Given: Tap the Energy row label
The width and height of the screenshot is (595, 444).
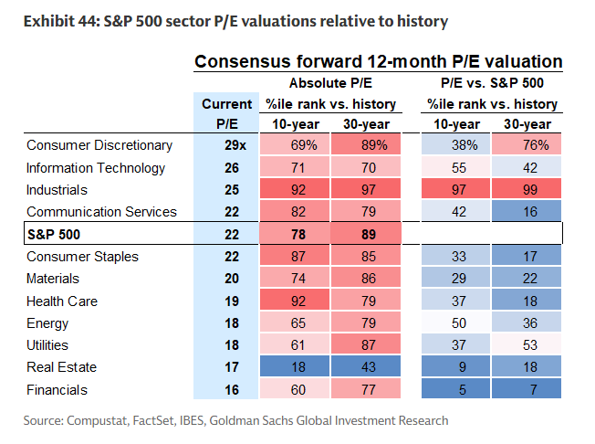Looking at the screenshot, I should [x=47, y=322].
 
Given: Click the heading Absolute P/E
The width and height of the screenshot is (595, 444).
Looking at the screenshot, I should [x=332, y=83].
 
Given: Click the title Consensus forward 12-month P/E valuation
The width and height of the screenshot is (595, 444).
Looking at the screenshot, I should [x=378, y=62].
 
